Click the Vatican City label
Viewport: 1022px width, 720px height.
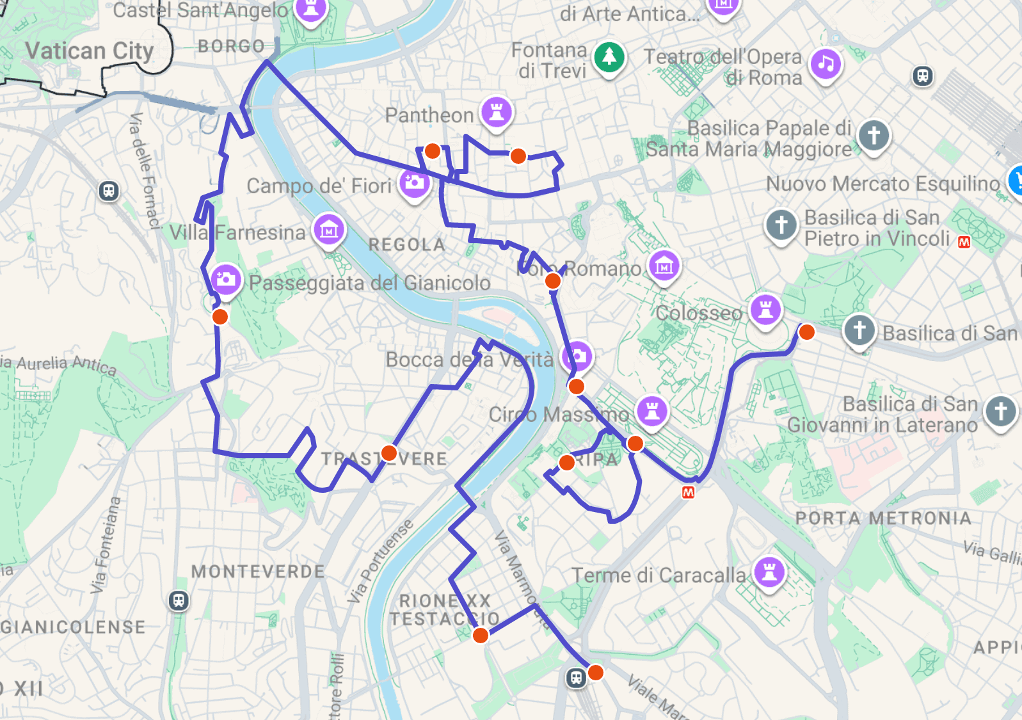89,51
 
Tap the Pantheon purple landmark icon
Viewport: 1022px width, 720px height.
497,112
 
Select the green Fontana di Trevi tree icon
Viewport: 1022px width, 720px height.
609,57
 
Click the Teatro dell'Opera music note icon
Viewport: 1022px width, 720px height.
826,64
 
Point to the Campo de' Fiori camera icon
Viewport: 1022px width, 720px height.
414,182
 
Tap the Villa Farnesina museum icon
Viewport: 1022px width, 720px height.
329,229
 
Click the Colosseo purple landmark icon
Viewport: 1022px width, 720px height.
765,310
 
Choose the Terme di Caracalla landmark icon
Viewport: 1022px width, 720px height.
769,571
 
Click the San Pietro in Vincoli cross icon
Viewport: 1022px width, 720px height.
781,225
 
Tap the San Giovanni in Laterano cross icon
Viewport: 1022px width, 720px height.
1001,411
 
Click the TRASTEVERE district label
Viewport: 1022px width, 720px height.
384,459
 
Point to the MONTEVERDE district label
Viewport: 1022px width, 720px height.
258,572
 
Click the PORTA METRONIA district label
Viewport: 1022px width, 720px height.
883,518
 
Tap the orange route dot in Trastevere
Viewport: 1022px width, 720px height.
389,453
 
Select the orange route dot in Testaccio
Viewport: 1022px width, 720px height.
480,635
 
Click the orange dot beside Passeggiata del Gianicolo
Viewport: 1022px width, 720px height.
220,317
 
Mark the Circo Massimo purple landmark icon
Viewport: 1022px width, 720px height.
652,410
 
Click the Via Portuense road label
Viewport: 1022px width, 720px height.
380,562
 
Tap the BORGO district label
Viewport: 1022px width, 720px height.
231,46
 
